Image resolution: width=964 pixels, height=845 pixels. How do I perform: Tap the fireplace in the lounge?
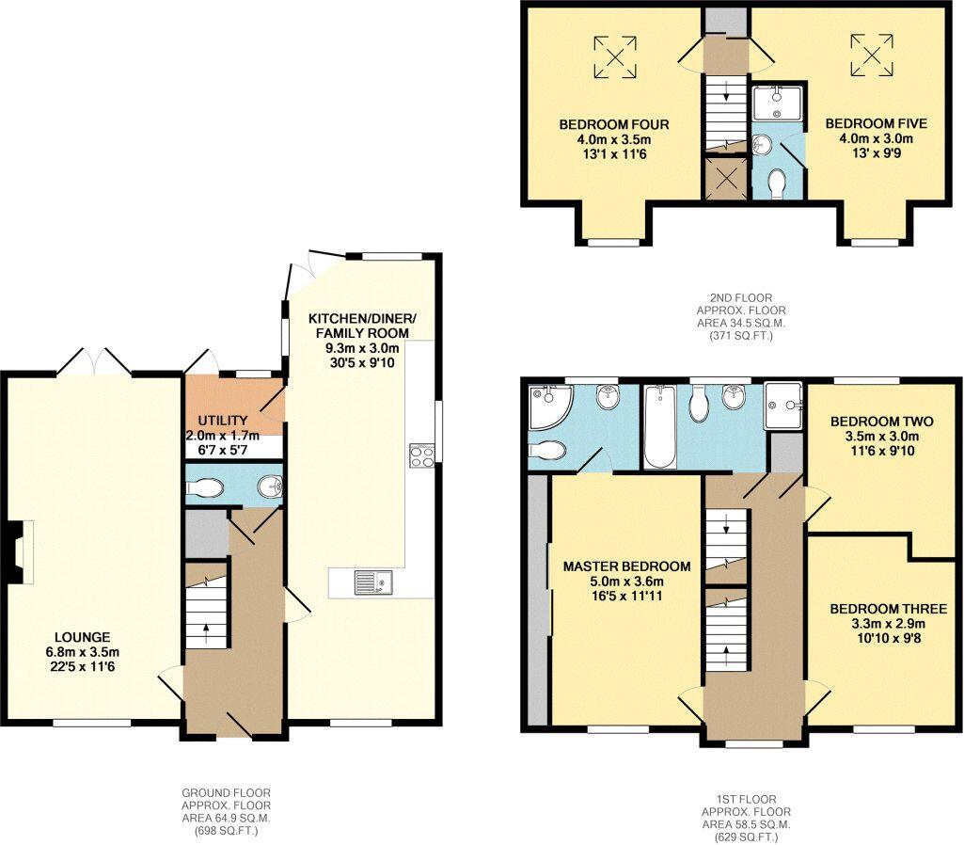[x=20, y=547]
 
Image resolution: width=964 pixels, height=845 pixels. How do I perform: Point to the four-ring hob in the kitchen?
[x=420, y=455]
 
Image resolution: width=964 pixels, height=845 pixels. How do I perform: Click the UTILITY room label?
[x=222, y=420]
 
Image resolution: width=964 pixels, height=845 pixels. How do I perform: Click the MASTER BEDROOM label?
[x=626, y=566]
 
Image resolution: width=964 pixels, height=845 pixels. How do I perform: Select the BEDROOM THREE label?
[x=888, y=609]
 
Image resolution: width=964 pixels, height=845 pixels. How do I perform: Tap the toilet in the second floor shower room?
[x=778, y=184]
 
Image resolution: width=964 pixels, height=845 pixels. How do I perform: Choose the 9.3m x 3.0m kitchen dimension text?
[x=362, y=347]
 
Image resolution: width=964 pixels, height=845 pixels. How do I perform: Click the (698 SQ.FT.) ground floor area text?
[x=226, y=832]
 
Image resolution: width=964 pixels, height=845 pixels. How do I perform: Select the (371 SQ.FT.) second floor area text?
[x=741, y=334]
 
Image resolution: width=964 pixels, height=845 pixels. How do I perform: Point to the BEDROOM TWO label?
[x=874, y=421]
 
